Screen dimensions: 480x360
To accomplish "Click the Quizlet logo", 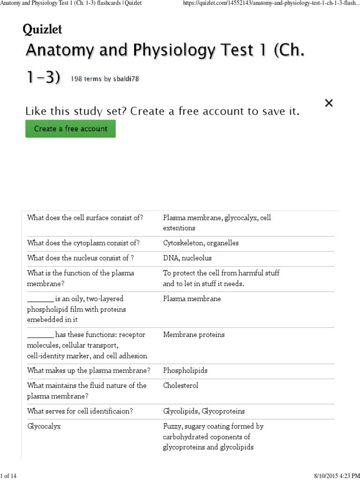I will [42, 30].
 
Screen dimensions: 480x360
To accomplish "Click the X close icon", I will [329, 103].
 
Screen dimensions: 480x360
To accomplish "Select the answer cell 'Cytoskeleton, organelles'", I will [201, 243].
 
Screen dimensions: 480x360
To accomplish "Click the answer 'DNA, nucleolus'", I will [187, 258].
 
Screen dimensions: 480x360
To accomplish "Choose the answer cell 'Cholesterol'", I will [180, 385].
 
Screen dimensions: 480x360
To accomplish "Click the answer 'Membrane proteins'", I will [194, 335].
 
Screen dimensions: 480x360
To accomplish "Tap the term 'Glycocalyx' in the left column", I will [44, 427].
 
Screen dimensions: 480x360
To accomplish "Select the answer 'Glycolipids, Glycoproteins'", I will [203, 411].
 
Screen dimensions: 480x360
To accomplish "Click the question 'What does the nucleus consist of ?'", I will [81, 258].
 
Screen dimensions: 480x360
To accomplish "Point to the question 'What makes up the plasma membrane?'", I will [89, 370].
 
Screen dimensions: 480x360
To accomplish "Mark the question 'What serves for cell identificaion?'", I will [80, 411].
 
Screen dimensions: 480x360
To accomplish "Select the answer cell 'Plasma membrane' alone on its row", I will [192, 299].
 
